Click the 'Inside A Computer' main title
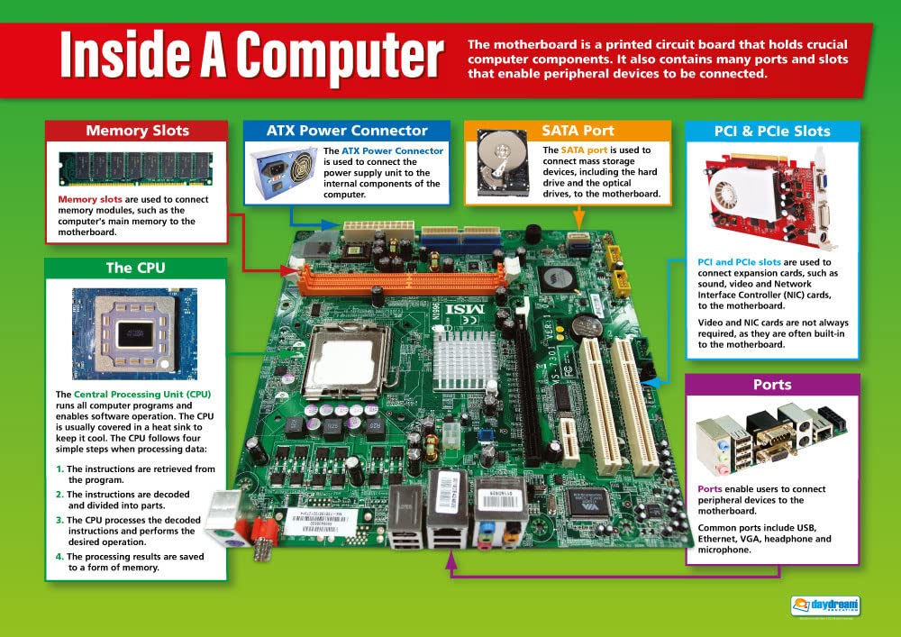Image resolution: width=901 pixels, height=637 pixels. click(x=251, y=57)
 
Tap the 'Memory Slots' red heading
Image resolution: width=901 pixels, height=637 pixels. click(x=137, y=131)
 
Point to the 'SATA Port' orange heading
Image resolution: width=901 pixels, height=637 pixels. click(x=567, y=131)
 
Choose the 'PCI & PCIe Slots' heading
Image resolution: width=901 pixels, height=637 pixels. click(x=772, y=132)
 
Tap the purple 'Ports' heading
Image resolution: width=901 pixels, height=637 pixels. click(x=772, y=385)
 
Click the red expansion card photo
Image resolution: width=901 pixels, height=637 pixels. click(x=772, y=198)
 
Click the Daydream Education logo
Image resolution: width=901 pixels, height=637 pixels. click(x=825, y=606)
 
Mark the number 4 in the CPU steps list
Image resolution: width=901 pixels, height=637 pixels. click(x=60, y=557)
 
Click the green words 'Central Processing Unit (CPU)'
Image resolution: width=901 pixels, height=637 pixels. click(x=141, y=395)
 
